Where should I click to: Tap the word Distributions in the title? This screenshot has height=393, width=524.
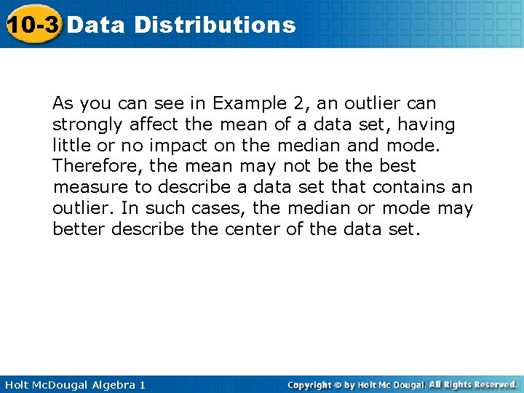point(215,25)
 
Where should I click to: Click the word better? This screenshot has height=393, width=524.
point(77,229)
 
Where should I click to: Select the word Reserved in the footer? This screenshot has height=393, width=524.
point(493,384)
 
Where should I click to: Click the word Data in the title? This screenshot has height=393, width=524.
point(96,25)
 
